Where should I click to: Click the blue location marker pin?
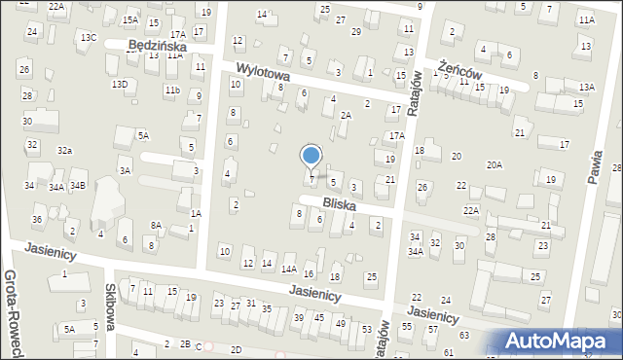pyautogui.click(x=311, y=156)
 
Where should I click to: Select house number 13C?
pyautogui.click(x=89, y=37)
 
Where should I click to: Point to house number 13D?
pyautogui.click(x=119, y=85)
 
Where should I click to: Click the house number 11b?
pyautogui.click(x=172, y=90)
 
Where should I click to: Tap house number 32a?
pyautogui.click(x=64, y=150)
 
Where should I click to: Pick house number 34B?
pyautogui.click(x=78, y=185)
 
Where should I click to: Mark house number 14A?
pyautogui.click(x=288, y=269)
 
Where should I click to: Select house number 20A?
pyautogui.click(x=495, y=165)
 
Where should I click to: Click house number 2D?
pyautogui.click(x=236, y=349)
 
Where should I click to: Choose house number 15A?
pyautogui.click(x=129, y=19)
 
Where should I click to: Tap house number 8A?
pyautogui.click(x=156, y=225)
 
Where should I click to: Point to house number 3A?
pyautogui.click(x=125, y=170)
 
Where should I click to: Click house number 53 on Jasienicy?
pyautogui.click(x=367, y=329)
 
